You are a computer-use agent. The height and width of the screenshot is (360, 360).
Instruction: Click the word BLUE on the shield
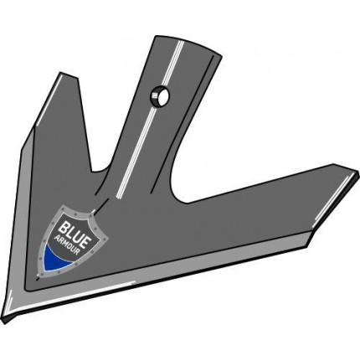click(74, 231)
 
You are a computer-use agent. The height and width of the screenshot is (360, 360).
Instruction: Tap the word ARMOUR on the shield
click(69, 244)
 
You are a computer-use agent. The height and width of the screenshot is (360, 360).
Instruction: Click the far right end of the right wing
click(357, 174)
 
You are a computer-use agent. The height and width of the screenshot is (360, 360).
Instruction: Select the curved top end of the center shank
click(190, 44)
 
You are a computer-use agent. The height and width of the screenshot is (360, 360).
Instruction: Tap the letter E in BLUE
click(84, 236)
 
